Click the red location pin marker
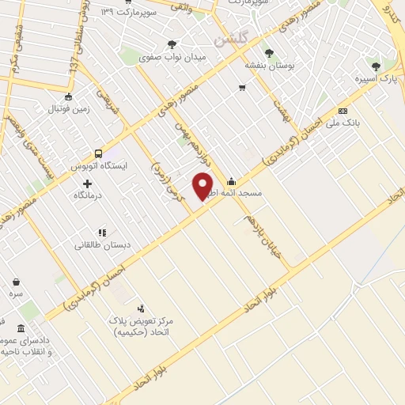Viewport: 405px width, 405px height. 203,185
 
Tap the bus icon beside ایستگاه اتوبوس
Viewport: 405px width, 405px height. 98,153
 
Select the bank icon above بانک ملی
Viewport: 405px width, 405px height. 343,111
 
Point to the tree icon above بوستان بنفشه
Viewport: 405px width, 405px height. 269,53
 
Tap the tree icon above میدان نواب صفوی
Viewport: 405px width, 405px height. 172,44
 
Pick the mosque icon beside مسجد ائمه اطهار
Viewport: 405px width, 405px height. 230,180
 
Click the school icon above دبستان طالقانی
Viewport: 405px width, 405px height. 101,232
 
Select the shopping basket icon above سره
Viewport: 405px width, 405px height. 17,281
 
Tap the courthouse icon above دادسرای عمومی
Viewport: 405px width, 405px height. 21,328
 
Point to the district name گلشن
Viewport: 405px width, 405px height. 230,37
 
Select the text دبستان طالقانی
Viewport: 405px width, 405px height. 101,244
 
